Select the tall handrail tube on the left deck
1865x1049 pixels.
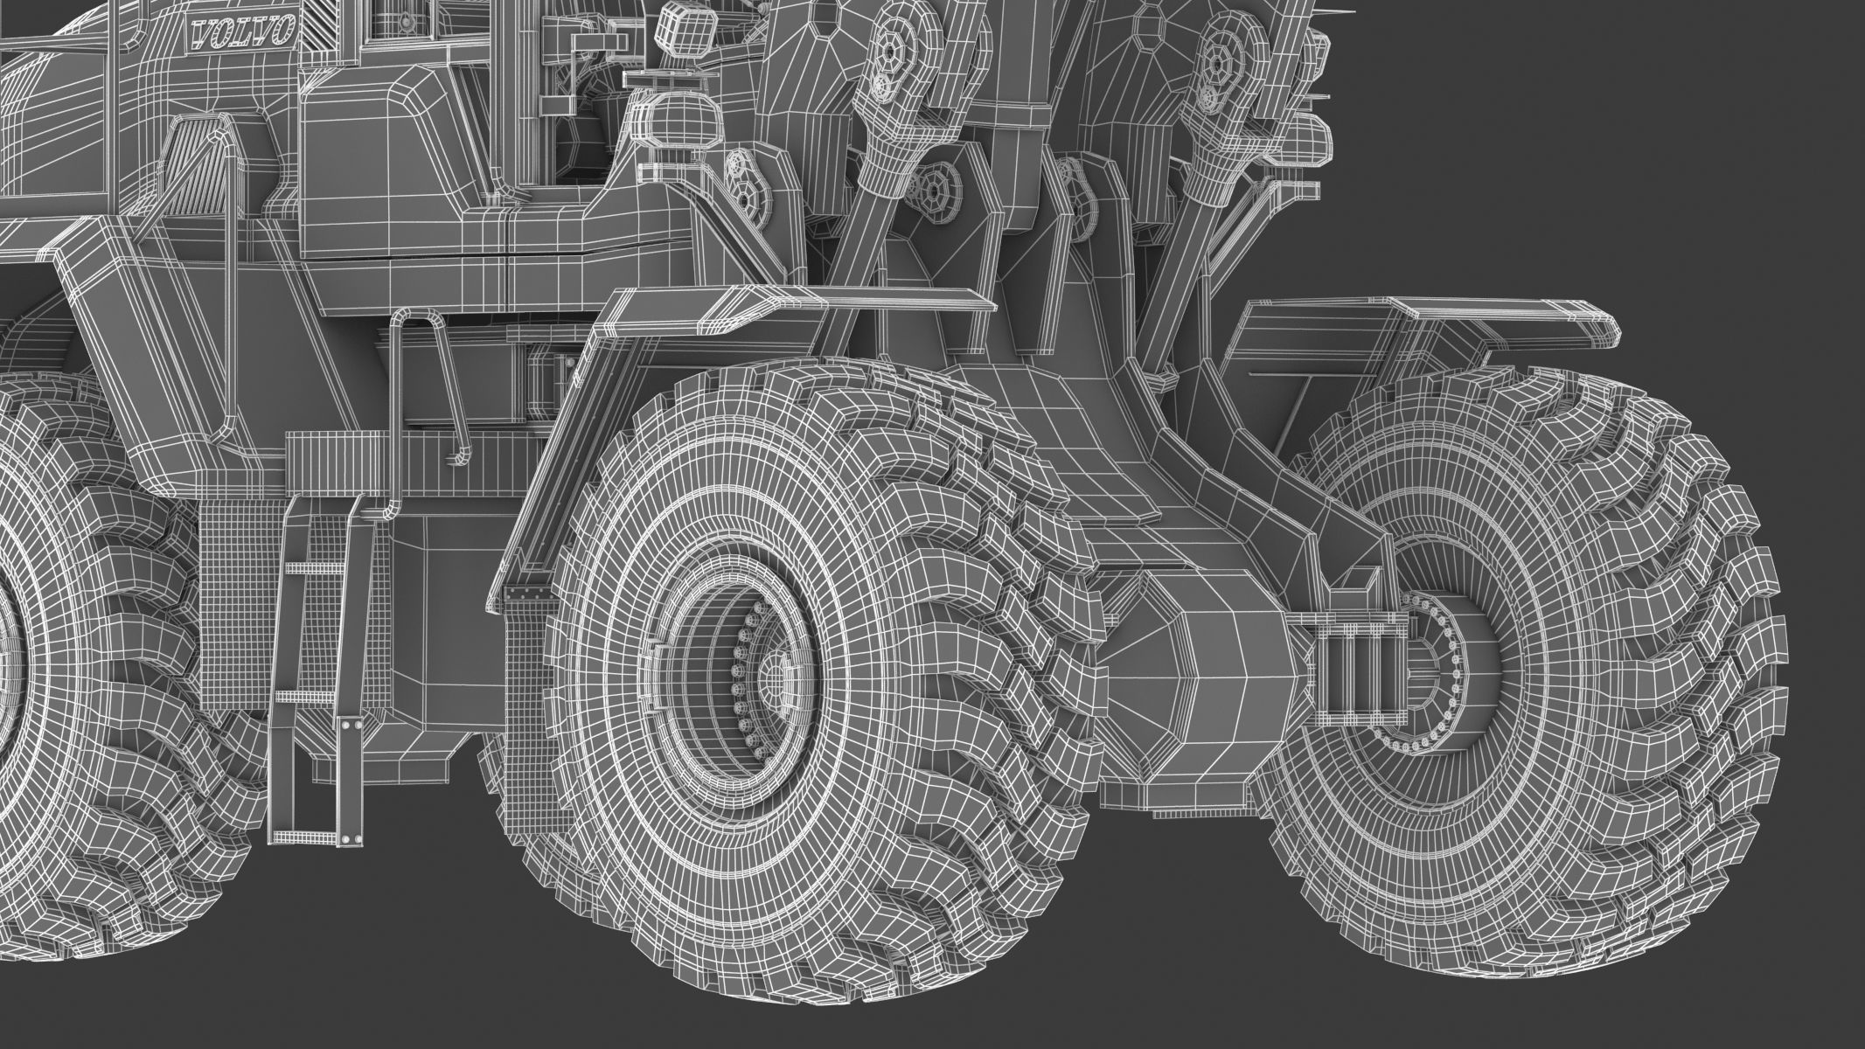(x=229, y=262)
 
